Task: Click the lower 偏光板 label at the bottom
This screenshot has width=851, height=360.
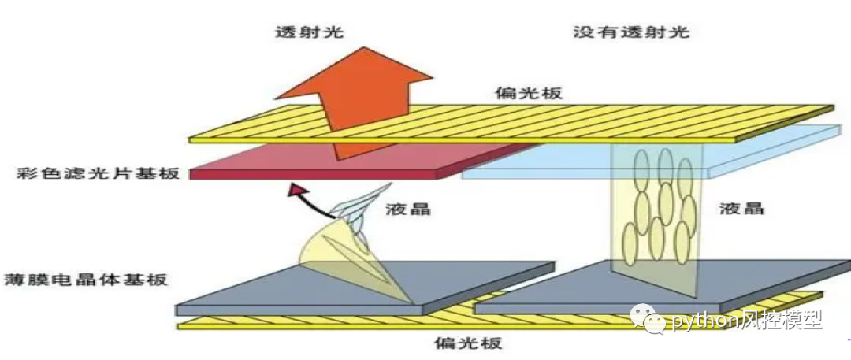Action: coord(468,343)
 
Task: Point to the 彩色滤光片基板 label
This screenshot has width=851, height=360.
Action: coord(96,173)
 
